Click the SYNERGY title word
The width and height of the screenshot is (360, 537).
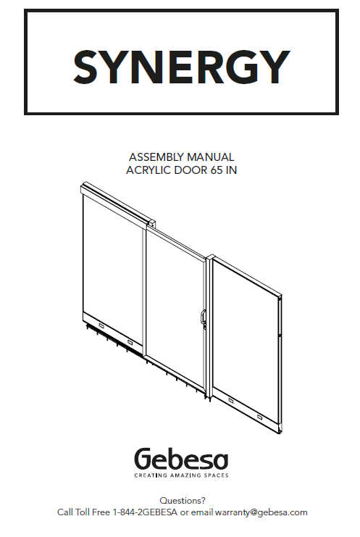(x=182, y=67)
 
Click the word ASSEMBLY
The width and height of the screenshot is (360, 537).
(x=156, y=157)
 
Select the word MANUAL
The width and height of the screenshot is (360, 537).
(x=211, y=157)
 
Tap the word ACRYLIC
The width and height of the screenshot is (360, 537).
(x=148, y=170)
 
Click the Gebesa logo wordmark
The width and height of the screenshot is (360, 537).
(x=181, y=459)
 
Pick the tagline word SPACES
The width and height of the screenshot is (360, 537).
(x=217, y=475)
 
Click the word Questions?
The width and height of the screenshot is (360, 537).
(x=183, y=501)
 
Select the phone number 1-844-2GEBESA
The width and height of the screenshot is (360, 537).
(x=145, y=512)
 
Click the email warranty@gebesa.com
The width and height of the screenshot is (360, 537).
(x=261, y=512)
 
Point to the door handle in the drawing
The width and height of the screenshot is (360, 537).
(x=204, y=318)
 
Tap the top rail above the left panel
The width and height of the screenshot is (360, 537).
(x=117, y=204)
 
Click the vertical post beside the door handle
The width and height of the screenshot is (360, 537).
(x=210, y=327)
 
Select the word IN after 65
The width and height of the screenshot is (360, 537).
(x=231, y=170)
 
